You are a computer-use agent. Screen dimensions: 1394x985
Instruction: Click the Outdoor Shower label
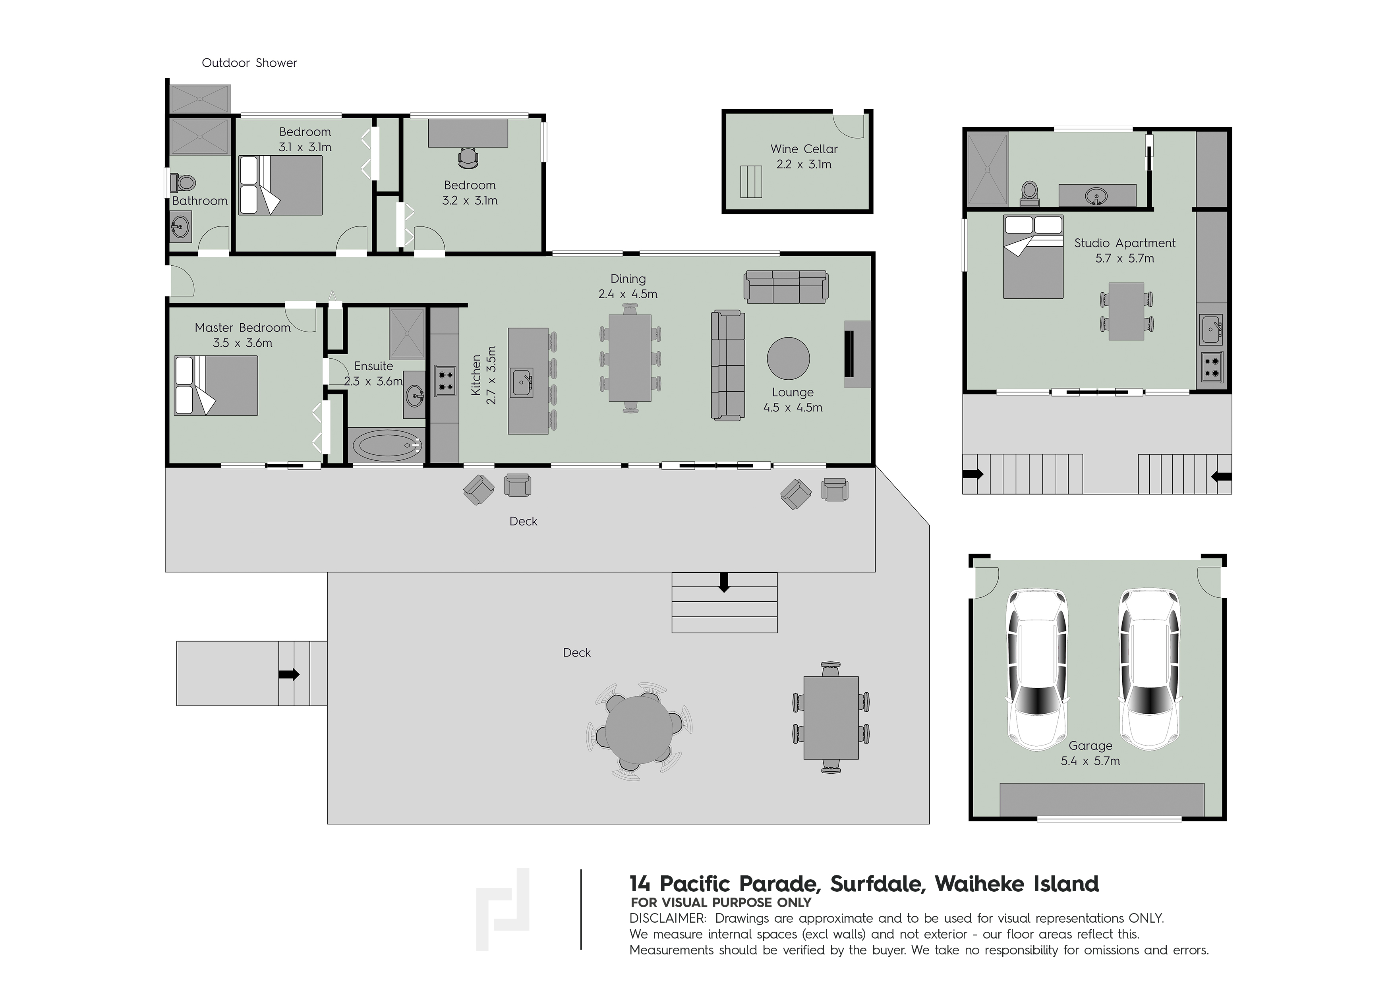249,62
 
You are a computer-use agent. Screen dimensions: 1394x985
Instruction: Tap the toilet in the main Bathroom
184,182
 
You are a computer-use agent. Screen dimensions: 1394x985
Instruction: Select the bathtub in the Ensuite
387,446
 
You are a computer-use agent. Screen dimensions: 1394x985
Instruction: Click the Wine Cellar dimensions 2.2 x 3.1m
804,164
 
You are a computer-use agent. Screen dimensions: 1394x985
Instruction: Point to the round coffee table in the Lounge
788,359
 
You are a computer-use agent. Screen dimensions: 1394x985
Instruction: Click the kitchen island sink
522,383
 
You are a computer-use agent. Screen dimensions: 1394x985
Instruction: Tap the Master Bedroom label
243,328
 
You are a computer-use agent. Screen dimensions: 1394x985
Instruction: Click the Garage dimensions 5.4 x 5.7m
1090,761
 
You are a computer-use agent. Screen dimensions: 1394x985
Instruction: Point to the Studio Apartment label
1124,243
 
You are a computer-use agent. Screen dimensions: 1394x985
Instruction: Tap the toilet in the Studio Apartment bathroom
1029,193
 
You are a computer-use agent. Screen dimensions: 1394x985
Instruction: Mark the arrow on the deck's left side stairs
289,674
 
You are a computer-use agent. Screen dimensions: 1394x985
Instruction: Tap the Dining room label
628,278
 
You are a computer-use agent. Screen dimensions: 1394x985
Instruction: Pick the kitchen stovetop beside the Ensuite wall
445,380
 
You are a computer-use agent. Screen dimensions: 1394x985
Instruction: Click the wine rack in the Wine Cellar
750,182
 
